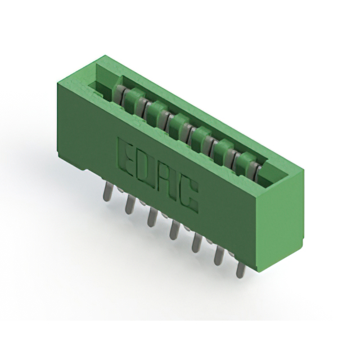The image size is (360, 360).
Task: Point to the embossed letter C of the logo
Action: [188, 195]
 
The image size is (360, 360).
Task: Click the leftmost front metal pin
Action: [108, 191]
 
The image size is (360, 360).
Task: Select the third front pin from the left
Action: [152, 217]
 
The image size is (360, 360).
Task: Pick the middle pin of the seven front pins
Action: [174, 229]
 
